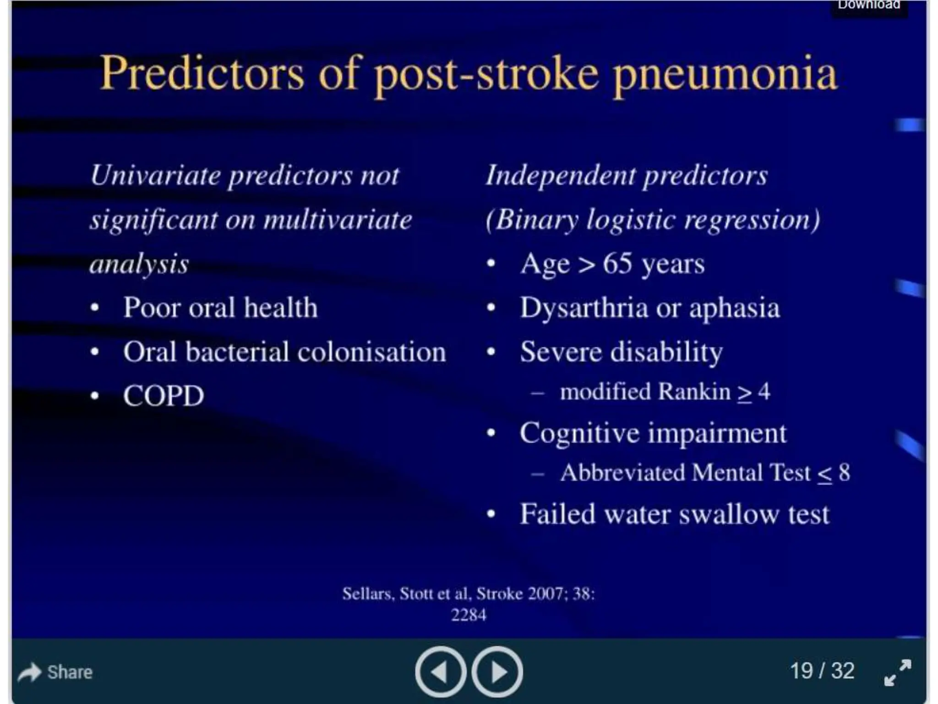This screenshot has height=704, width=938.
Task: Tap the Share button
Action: tap(55, 672)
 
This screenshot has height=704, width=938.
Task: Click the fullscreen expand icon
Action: tap(898, 672)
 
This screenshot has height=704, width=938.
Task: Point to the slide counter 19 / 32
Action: tap(822, 671)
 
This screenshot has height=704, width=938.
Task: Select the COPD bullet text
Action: tap(164, 396)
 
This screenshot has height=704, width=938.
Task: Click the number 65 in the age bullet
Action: tap(617, 264)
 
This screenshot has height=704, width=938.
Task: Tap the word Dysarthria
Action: tap(584, 308)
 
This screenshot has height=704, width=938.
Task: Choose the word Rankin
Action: tap(694, 392)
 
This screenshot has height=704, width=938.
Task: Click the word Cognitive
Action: tap(579, 433)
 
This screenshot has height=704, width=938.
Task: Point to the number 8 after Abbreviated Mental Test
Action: tap(844, 473)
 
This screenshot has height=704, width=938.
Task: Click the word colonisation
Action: tap(371, 352)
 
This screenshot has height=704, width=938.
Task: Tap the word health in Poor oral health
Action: tap(280, 308)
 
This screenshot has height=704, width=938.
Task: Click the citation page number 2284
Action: tap(468, 615)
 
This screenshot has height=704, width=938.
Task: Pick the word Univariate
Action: tap(155, 176)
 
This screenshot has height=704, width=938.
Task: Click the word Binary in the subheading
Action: tap(536, 220)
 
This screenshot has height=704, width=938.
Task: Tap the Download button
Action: tap(869, 5)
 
